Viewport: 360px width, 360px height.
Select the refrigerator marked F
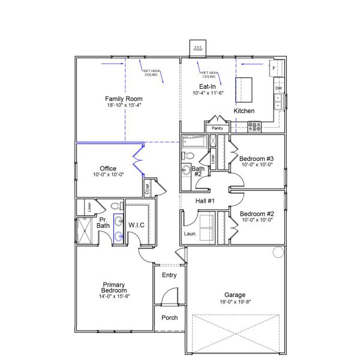click(x=274, y=68)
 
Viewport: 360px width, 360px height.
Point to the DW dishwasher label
click(x=278, y=89)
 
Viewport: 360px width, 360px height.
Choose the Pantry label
click(x=217, y=128)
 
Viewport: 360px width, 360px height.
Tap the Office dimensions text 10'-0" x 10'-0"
click(x=108, y=175)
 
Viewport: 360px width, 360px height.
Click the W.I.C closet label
click(x=136, y=224)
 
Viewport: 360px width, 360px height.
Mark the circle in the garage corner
click(x=278, y=252)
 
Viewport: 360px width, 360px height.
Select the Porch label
click(x=170, y=317)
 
